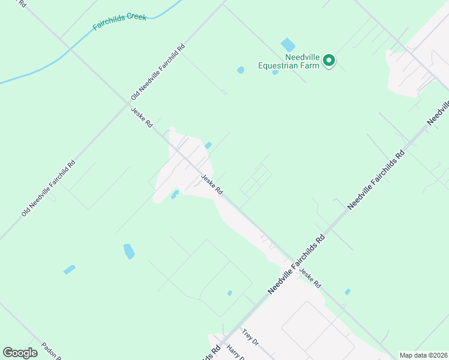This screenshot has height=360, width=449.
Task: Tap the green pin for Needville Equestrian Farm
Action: coord(329,61)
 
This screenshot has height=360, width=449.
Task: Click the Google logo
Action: coord(20,353)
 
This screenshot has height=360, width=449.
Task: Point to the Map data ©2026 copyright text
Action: coord(423,355)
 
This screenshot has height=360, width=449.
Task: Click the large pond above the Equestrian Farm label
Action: coord(288,44)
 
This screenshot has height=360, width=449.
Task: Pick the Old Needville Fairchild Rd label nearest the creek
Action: coord(158,72)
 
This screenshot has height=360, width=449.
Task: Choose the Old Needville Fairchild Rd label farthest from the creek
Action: coord(48,188)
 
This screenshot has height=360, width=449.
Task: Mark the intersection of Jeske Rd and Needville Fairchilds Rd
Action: coord(288,261)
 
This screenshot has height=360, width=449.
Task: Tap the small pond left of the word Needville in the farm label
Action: coord(241,70)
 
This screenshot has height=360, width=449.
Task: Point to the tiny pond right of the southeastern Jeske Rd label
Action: coord(348,292)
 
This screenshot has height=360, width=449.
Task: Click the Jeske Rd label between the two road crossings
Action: coord(212,184)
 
